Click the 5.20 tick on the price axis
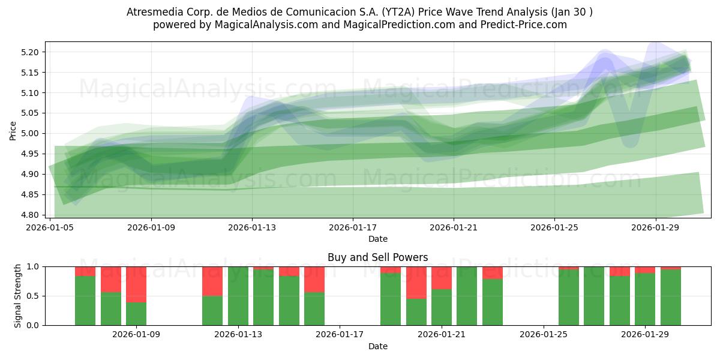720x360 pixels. tap(31, 52)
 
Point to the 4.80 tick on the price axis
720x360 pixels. tap(31, 215)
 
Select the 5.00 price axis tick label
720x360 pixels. tap(31, 133)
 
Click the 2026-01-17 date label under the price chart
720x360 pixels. tap(352, 228)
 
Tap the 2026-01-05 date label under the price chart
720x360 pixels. tap(50, 228)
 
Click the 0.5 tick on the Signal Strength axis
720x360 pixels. tap(33, 296)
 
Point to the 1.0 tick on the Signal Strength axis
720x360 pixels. tap(33, 266)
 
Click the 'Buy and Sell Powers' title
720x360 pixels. tap(377, 257)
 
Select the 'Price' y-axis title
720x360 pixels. tap(13, 130)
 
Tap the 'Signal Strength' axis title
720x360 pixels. tap(18, 296)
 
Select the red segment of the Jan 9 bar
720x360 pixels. tap(136, 284)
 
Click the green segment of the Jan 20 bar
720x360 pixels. tap(416, 312)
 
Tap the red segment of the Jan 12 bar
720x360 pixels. tap(212, 281)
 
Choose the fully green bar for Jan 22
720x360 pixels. tap(467, 296)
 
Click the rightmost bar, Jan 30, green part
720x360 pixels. tap(671, 298)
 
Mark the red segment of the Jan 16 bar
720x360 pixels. tap(314, 279)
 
